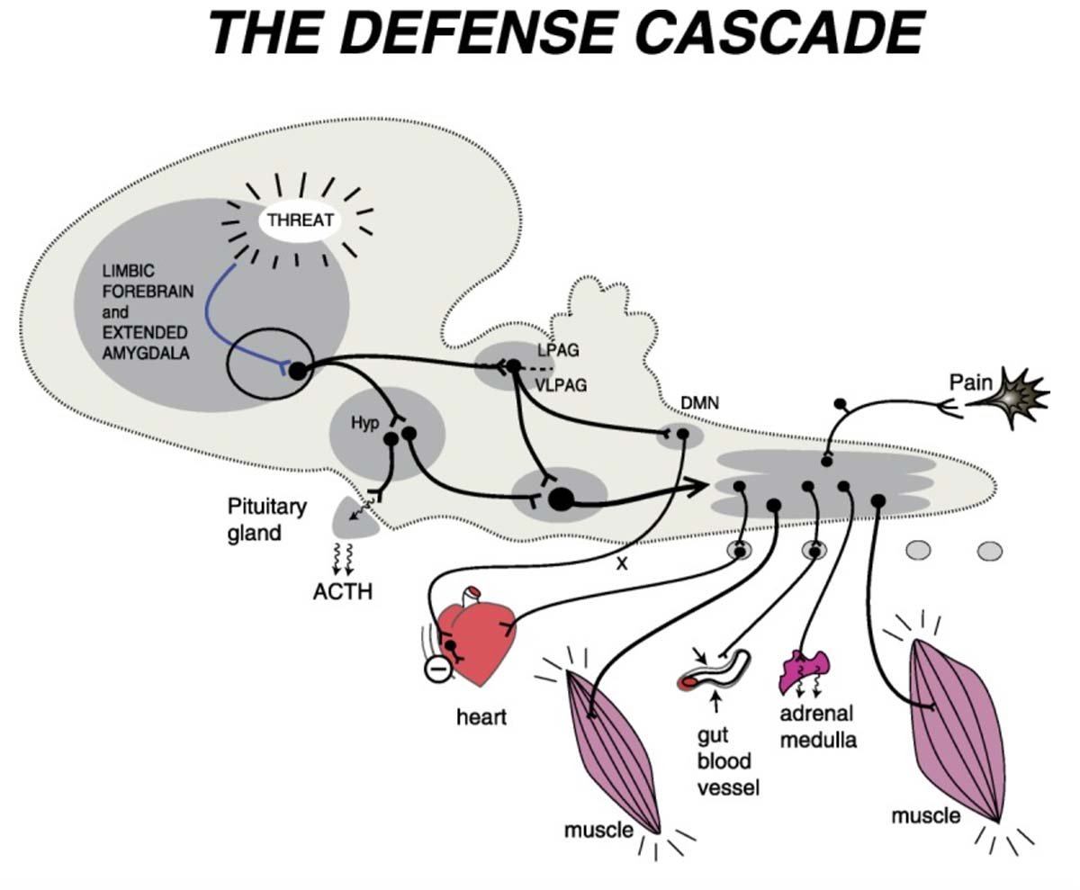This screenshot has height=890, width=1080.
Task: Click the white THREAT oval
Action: (x=300, y=220)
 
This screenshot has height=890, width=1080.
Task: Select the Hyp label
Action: (x=364, y=421)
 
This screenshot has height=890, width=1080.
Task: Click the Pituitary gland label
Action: (x=266, y=519)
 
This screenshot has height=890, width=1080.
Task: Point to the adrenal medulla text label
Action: (x=817, y=727)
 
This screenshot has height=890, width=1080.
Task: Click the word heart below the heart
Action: (x=481, y=717)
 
